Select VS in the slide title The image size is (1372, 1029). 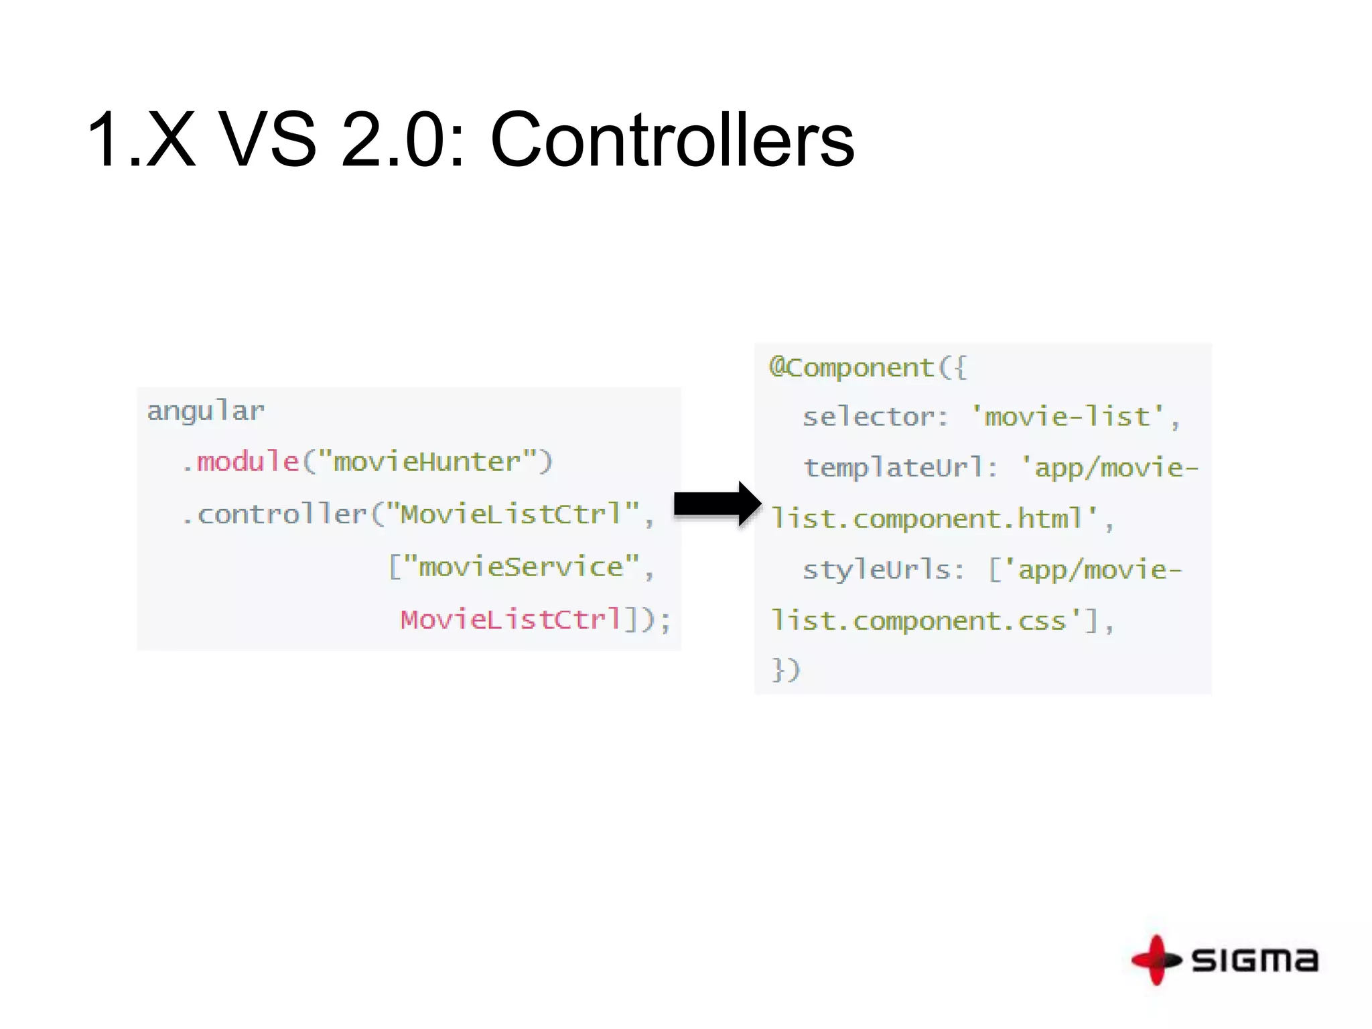tap(267, 140)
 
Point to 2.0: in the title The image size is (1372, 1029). tap(403, 140)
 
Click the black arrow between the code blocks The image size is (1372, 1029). tap(716, 504)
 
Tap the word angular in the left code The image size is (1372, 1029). tap(206, 411)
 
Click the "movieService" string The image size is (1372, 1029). tap(521, 567)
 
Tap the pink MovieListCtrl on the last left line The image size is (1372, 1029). tap(511, 619)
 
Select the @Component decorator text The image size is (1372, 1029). tap(851, 368)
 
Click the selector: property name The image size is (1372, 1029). tap(875, 417)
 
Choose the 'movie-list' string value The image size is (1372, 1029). tap(1068, 417)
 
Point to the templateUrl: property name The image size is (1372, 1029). tap(900, 468)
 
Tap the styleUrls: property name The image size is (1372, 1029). tap(883, 570)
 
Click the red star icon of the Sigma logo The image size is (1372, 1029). tap(1156, 960)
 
